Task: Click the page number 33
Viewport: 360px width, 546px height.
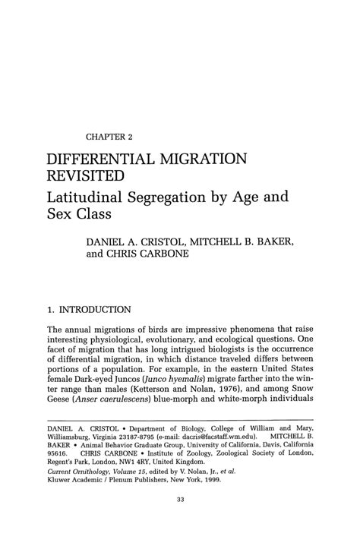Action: pos(179,531)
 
